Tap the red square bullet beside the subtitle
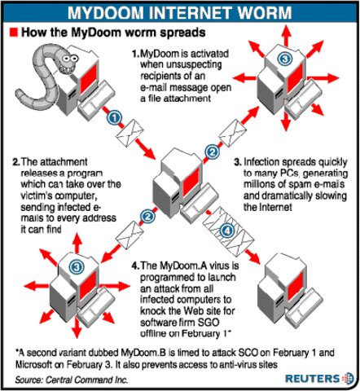(x=13, y=33)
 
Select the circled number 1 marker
(x=114, y=118)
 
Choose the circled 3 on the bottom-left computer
(x=76, y=266)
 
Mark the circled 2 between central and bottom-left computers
(x=147, y=217)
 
